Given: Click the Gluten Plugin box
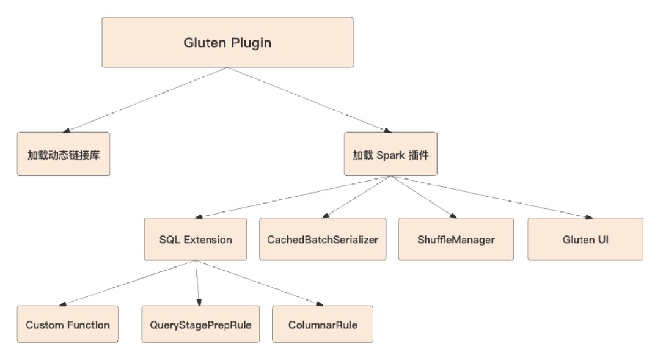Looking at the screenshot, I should point(227,42).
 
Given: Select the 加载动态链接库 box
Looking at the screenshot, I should point(64,154).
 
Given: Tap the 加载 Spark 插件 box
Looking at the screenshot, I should point(391,154).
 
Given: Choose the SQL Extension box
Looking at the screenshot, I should point(196,239).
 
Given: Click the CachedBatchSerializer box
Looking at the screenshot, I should point(323,239).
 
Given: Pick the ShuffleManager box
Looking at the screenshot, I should point(456,239).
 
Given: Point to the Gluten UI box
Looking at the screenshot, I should point(585,239).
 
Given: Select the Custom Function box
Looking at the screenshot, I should point(67,325).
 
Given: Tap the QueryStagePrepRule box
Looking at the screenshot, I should point(200,325).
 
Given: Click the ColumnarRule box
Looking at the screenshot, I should point(323,325).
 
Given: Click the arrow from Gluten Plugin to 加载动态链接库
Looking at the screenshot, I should point(145,100).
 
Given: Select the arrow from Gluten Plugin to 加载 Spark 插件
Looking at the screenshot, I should point(309,100).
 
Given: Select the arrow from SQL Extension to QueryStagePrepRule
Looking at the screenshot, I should point(198,282).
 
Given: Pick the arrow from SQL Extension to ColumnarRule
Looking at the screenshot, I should point(259,282).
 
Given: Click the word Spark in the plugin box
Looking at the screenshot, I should point(391,155).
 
